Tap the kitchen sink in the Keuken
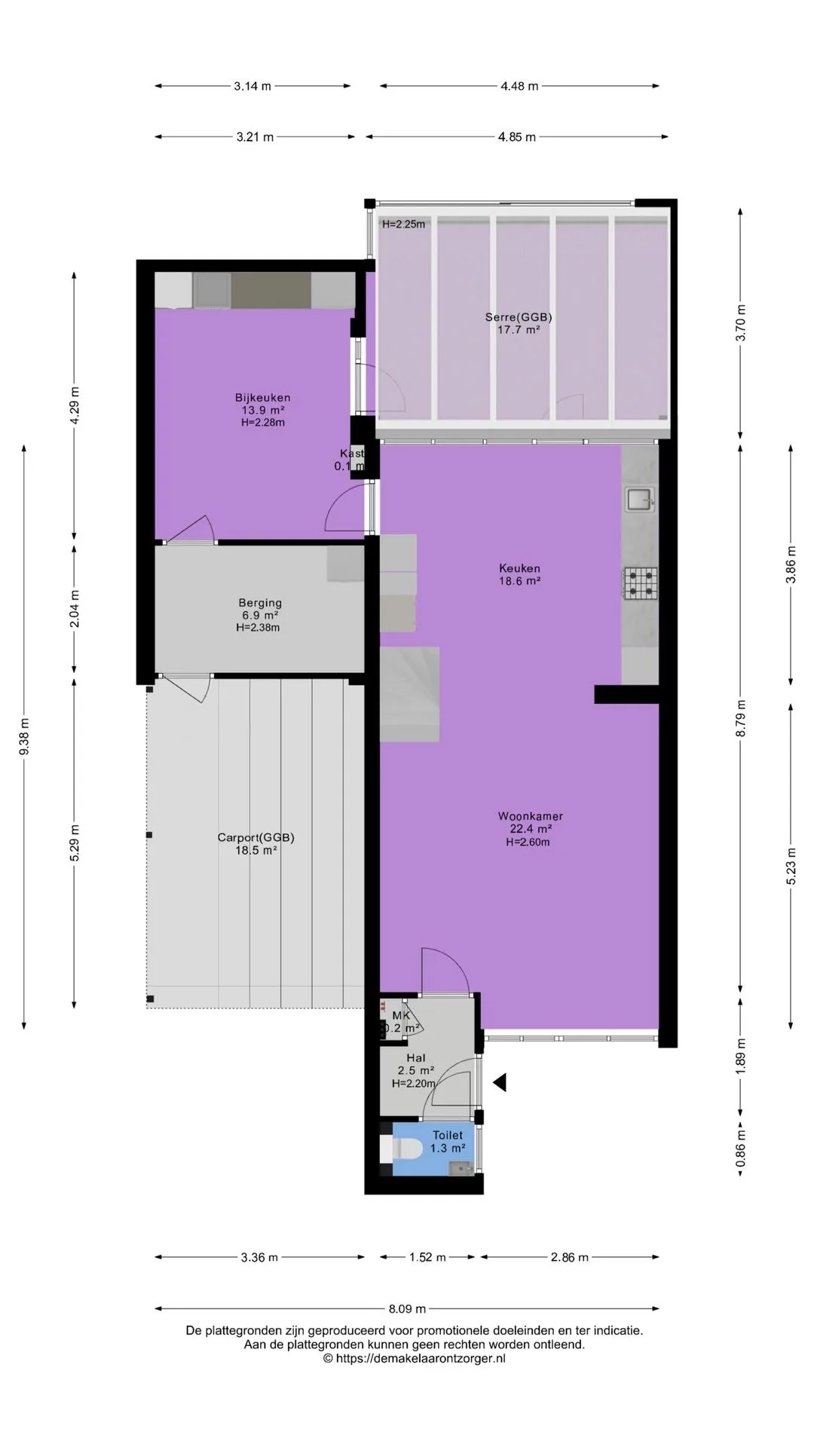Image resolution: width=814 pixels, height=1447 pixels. (639, 499)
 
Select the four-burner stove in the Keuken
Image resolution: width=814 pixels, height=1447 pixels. (640, 583)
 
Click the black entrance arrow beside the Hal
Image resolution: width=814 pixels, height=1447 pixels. (500, 1083)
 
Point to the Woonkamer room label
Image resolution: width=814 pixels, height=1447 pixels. (531, 816)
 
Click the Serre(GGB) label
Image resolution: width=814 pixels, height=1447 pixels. (519, 317)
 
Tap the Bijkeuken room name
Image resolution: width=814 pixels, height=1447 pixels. (262, 398)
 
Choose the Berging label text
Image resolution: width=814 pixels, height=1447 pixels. (260, 603)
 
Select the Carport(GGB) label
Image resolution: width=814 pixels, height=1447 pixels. (256, 837)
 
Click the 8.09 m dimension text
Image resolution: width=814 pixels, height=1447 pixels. (407, 1309)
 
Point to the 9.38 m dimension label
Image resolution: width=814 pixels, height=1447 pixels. (24, 736)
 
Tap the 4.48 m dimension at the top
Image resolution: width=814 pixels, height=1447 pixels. (519, 86)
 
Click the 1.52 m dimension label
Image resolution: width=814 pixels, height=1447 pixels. (427, 1257)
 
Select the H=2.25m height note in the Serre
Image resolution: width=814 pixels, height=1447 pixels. (403, 224)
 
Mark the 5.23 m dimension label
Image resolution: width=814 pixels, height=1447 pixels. (791, 867)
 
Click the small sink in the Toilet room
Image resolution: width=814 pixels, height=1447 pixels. (460, 1169)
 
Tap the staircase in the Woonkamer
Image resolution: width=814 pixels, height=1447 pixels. (409, 694)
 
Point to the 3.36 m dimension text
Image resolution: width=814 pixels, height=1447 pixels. (259, 1257)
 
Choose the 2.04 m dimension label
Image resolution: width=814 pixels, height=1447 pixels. (74, 608)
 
